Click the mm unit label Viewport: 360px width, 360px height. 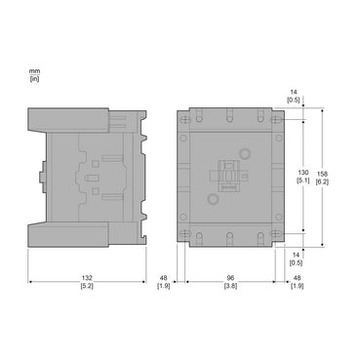pyautogui.click(x=34, y=70)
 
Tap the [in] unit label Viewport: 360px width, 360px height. pyautogui.click(x=34, y=78)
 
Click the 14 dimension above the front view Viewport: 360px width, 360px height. pyautogui.click(x=294, y=92)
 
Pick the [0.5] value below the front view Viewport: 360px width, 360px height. pyautogui.click(x=294, y=260)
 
